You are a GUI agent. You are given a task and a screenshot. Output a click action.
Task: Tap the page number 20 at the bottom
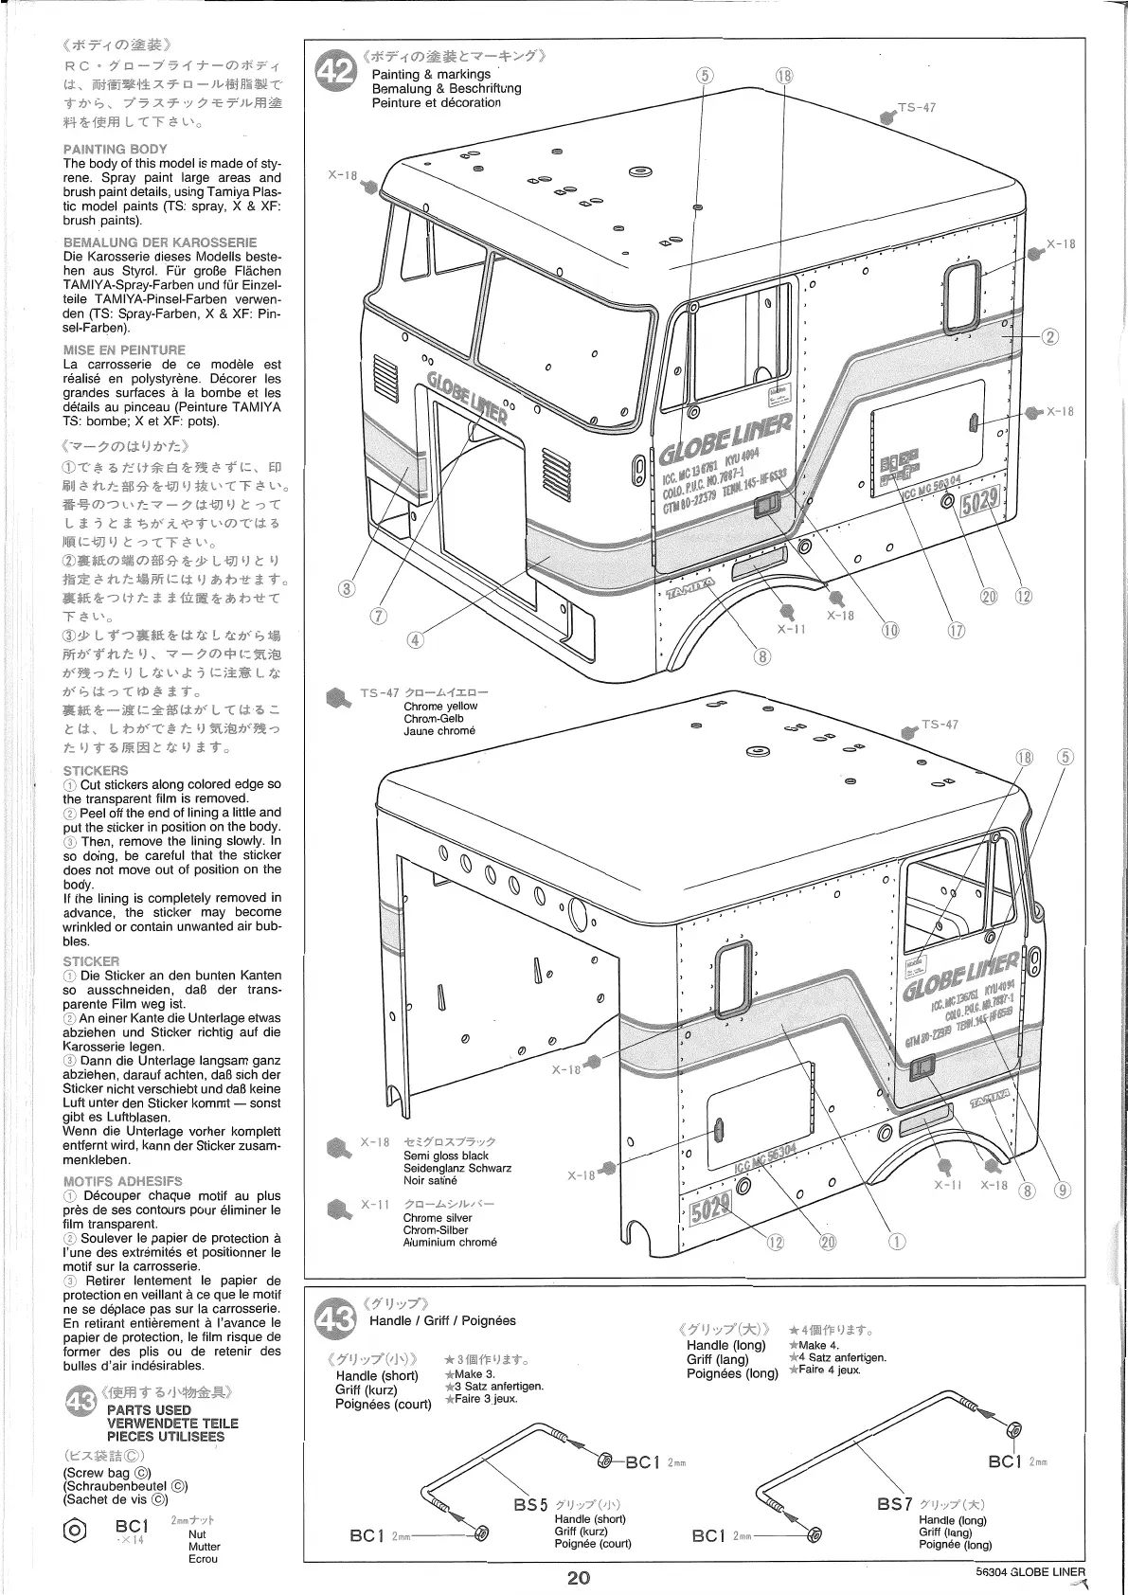point(580,1576)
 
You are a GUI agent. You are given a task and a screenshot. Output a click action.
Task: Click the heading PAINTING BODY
point(115,149)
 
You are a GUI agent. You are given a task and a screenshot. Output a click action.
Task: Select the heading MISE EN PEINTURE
point(124,349)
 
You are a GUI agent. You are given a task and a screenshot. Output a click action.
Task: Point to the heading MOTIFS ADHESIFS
point(122,1181)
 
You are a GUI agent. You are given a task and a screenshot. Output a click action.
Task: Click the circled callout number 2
point(1048,337)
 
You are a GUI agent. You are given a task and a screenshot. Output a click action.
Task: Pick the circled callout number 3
point(348,588)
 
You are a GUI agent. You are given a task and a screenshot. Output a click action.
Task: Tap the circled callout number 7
point(379,616)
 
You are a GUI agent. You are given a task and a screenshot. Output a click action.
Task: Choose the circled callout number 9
point(1063,1191)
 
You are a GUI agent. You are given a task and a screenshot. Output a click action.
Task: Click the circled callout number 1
point(897,1241)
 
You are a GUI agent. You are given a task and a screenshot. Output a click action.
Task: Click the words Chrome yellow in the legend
point(440,706)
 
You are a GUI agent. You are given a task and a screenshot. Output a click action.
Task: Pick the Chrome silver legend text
point(438,1217)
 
